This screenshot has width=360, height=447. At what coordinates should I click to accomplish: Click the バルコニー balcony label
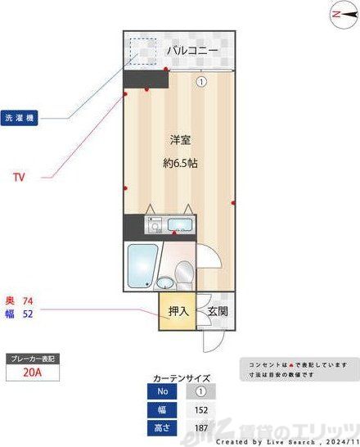coord(192,51)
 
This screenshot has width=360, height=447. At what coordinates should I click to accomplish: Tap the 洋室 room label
coord(181,139)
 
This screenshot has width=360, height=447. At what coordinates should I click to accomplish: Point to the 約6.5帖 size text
coord(181,163)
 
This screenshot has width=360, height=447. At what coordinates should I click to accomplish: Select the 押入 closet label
coord(178,311)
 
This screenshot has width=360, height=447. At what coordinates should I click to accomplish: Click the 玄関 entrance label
coord(217,311)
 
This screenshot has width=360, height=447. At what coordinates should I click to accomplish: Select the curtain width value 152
coord(200,409)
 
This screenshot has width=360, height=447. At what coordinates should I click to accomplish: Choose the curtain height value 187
coord(200,427)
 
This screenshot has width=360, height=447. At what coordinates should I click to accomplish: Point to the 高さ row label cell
coord(162,427)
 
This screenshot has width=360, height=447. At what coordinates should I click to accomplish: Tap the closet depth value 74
coord(27,300)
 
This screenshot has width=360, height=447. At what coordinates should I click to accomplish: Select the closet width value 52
coord(27,312)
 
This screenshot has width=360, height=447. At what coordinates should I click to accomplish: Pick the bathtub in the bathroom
coord(142,265)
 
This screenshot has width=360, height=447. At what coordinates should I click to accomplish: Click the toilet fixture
coord(184,270)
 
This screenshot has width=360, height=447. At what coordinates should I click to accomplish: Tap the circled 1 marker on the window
coord(200,81)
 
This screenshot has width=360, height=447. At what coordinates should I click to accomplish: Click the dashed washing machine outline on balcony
coord(142,51)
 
